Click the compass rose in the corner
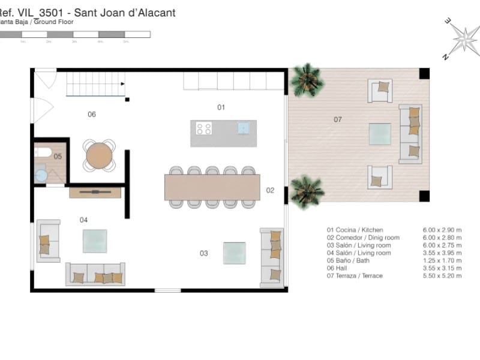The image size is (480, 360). pos(463,38)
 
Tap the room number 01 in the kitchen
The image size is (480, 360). pos(221,107)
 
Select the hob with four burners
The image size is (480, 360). pos(204,128)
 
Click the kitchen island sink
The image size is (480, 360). pos(244,128)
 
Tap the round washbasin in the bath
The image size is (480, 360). pos(41,175)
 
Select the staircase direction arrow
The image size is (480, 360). pos(122,84)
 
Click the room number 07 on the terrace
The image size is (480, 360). pos(338,119)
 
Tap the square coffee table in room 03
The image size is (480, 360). pos(234,253)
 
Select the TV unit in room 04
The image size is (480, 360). pos(95,193)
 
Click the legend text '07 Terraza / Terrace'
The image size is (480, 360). pos(355,276)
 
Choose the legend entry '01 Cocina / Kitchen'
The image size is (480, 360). pos(355,230)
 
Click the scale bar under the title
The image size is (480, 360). pos(75,35)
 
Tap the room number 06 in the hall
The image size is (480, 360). pos(92,115)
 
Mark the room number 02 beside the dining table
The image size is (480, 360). pos(270,190)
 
